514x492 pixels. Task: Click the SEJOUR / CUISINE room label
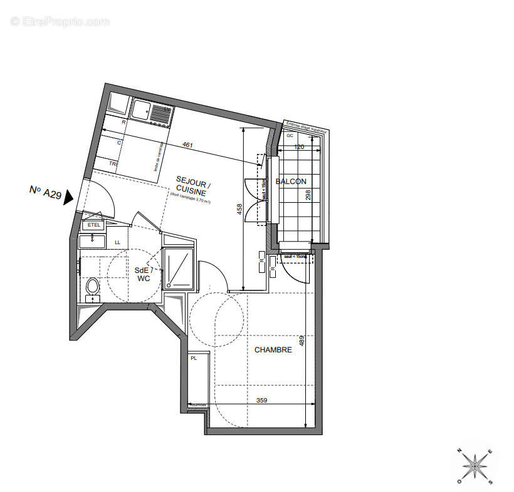[193, 184]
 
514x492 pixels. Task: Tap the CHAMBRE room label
[273, 350]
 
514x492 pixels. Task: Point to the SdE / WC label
[143, 274]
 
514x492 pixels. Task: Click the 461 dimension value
[187, 145]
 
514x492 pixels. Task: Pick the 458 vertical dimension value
[239, 209]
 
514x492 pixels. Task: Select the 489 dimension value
[302, 341]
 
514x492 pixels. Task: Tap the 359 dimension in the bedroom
[261, 400]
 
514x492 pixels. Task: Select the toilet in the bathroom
[92, 289]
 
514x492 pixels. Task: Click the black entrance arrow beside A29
[68, 196]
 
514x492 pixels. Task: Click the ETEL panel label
[94, 225]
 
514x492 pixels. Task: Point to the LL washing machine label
[117, 242]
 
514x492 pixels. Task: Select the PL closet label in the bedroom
[194, 358]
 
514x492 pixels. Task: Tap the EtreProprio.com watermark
[60, 22]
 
